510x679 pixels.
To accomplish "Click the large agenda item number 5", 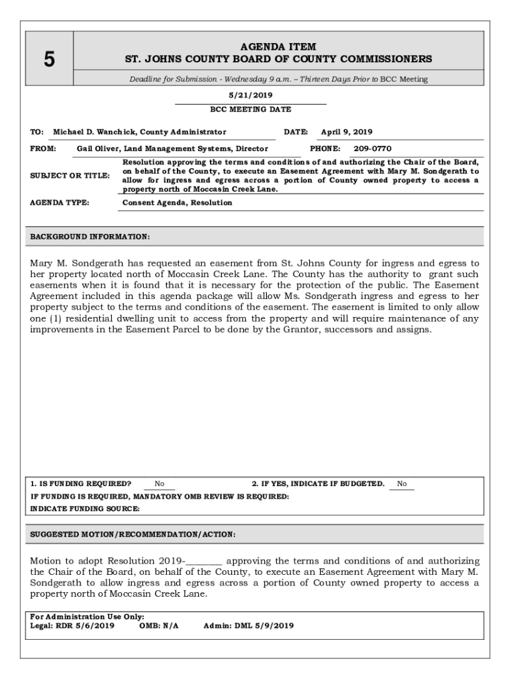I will point(49,60).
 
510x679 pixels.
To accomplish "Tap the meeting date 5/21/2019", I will point(250,95).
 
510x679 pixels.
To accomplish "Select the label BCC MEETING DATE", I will point(250,109).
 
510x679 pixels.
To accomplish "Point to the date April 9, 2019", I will point(346,132).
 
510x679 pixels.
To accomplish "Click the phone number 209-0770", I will point(372,149).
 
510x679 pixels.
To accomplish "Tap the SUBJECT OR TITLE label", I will point(70,176).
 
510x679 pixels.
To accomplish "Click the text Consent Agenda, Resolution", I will point(178,203).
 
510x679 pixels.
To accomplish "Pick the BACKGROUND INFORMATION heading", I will point(90,237).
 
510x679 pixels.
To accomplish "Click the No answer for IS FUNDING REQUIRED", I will point(160,484).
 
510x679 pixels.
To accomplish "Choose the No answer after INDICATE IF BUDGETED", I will point(402,484).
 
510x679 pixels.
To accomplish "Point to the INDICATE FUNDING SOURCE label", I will point(85,509).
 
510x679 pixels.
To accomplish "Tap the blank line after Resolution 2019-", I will point(205,562).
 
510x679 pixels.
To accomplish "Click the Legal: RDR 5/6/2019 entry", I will point(72,625).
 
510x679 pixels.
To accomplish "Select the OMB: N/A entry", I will point(159,625).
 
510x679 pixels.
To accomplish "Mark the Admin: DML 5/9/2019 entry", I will point(248,625).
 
